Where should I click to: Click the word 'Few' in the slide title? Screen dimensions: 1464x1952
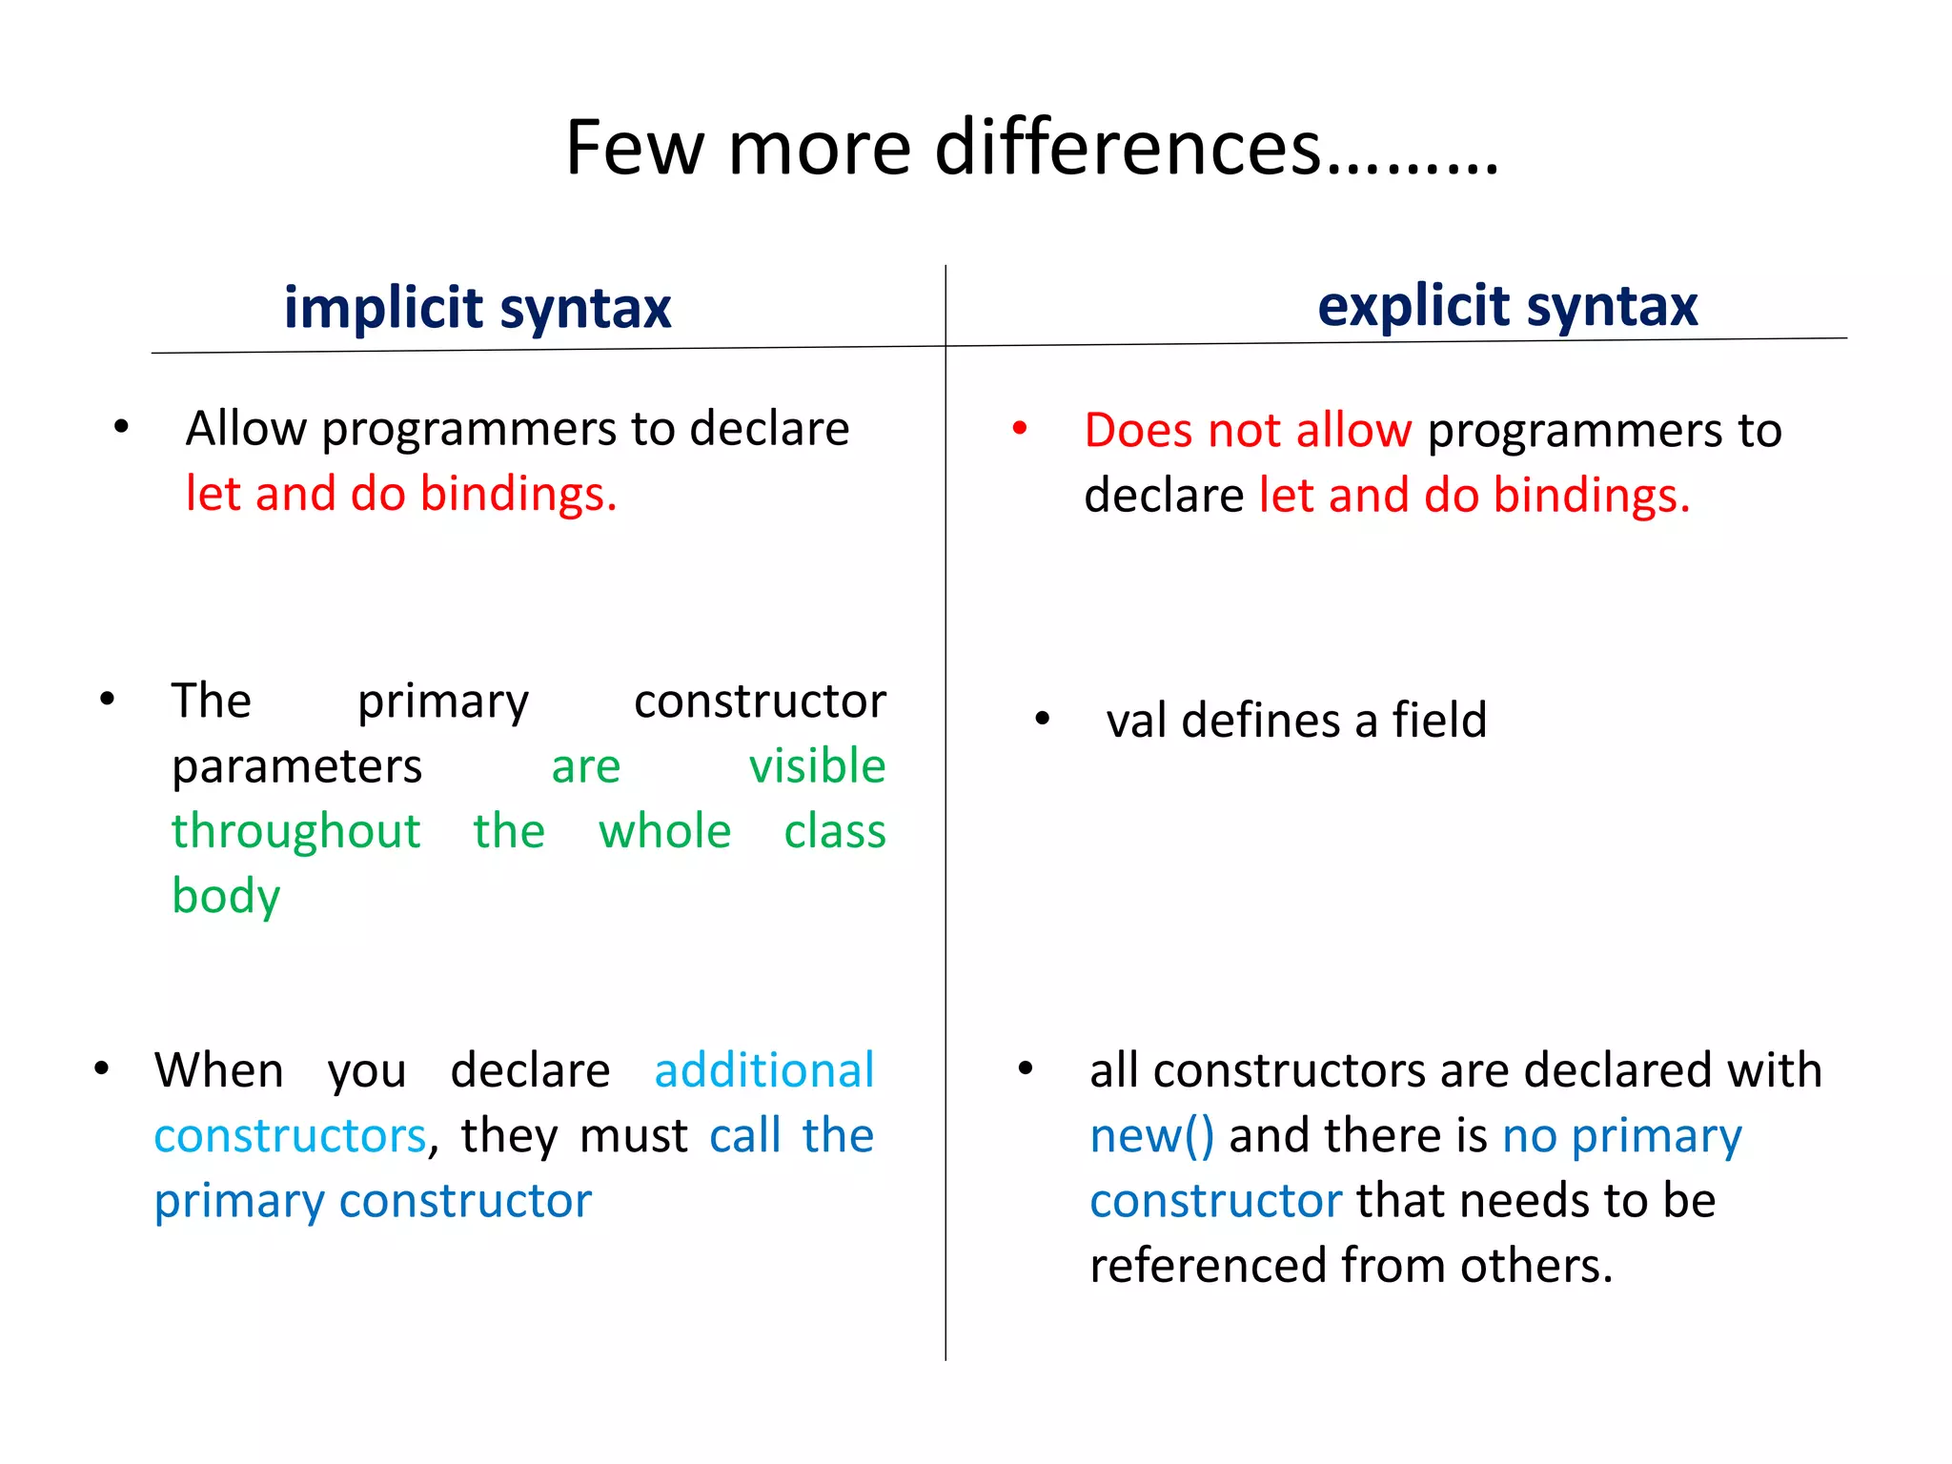(x=635, y=149)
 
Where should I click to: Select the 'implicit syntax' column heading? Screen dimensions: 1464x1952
(x=478, y=308)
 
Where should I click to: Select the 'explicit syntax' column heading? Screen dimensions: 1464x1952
(x=1507, y=306)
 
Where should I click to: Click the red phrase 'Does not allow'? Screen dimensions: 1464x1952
(x=1247, y=431)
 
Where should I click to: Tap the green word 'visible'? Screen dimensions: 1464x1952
(x=817, y=766)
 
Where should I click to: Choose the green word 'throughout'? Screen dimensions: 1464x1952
(x=295, y=831)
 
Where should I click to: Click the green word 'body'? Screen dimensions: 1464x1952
(x=226, y=896)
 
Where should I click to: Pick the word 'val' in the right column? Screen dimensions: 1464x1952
(x=1136, y=721)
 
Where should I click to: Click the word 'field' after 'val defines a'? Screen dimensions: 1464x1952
(x=1439, y=721)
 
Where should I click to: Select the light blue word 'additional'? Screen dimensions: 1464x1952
(x=763, y=1070)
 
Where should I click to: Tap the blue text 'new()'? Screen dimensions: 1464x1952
(x=1151, y=1136)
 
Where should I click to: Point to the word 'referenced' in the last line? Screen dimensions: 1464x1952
(x=1208, y=1266)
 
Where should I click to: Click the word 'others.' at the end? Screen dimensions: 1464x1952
(x=1536, y=1266)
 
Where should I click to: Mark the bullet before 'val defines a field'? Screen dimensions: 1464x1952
(x=1042, y=719)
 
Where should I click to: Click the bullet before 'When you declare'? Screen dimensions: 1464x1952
(x=101, y=1068)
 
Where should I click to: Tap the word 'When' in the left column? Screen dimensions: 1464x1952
(x=219, y=1070)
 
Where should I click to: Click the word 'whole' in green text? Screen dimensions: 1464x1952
(x=664, y=831)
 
